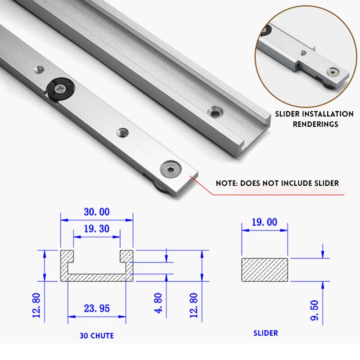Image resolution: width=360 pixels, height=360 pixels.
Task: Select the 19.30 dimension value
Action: tap(97, 229)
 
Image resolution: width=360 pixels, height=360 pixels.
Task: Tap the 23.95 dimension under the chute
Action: tap(97, 308)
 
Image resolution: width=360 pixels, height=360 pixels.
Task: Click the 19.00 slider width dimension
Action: tap(264, 222)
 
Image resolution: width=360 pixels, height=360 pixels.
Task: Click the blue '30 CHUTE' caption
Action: tap(97, 336)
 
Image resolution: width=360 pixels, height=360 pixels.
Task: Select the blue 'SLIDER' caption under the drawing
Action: tap(265, 333)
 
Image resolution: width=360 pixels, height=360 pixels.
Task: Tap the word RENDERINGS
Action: tap(315, 124)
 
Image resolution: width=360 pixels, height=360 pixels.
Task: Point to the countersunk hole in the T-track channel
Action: tap(215, 112)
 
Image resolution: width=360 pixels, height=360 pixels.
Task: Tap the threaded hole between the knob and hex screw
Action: tap(121, 132)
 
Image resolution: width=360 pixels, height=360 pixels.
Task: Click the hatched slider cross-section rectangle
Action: tap(264, 270)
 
